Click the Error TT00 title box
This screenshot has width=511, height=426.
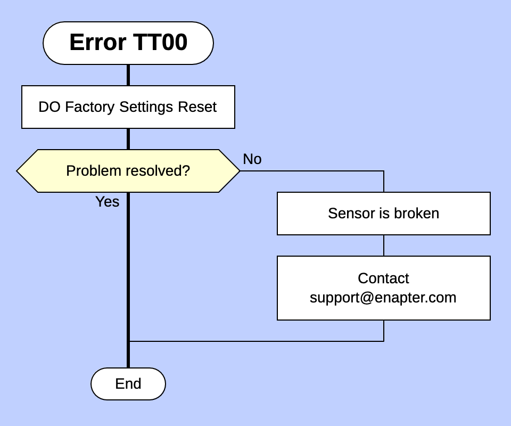128,43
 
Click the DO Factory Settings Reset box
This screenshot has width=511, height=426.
128,107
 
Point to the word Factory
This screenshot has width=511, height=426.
89,107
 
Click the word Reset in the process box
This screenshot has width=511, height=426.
197,107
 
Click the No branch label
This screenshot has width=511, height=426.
252,159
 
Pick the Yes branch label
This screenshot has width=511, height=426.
107,202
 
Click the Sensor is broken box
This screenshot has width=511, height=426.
383,214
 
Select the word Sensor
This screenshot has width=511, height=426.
345,214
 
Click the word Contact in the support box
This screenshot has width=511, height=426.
383,278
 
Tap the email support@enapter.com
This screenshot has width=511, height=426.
383,298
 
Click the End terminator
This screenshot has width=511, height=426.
128,384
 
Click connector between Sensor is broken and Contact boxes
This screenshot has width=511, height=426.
384,245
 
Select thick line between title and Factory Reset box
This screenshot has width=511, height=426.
128,75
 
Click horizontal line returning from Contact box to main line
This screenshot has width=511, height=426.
256,341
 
